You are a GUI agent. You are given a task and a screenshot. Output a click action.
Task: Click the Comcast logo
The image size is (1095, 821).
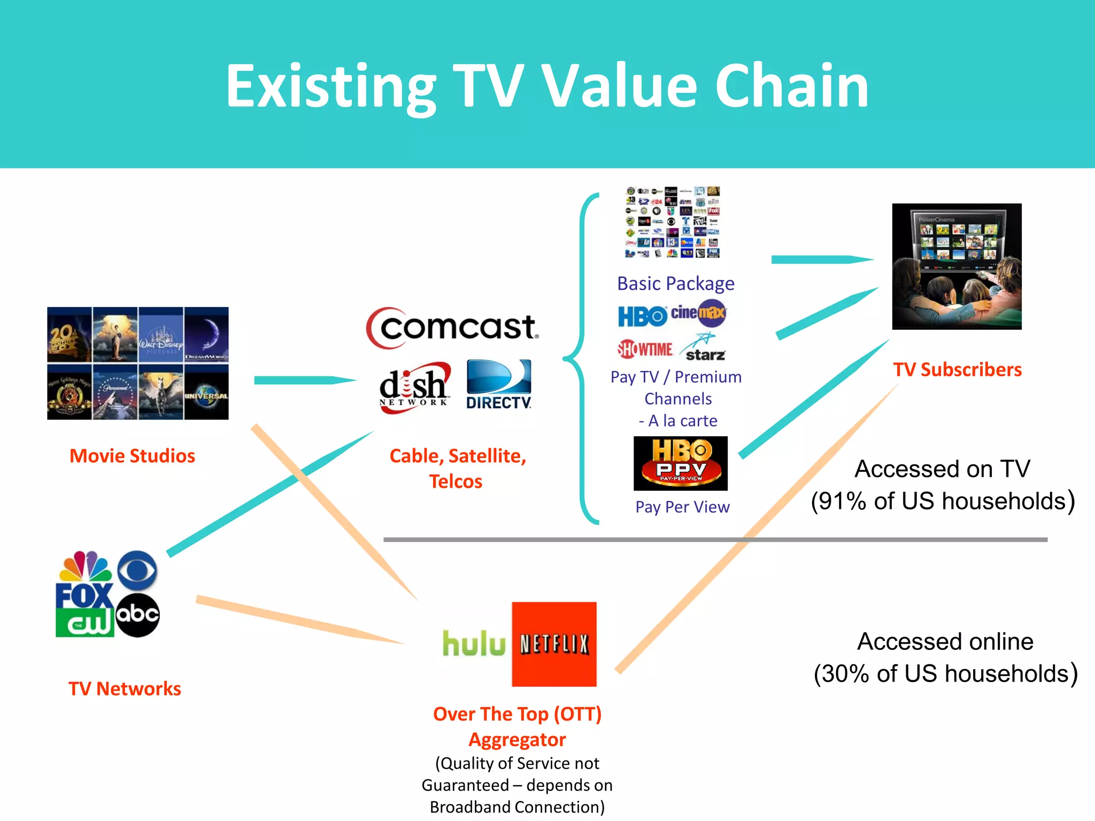pyautogui.click(x=452, y=327)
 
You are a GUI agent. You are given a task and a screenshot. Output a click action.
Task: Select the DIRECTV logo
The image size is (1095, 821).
pyautogui.click(x=499, y=384)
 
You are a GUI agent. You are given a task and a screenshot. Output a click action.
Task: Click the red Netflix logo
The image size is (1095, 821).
pyautogui.click(x=554, y=644)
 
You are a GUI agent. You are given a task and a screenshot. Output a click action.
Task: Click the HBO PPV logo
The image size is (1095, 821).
pyautogui.click(x=680, y=463)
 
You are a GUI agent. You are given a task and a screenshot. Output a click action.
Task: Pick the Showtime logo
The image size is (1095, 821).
pyautogui.click(x=645, y=349)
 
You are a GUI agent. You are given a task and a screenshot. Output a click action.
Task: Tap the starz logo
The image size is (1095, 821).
pyautogui.click(x=704, y=348)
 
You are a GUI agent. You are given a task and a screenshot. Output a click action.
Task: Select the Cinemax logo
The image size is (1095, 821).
pyautogui.click(x=698, y=313)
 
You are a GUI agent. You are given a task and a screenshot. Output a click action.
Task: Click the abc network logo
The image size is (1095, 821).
pyautogui.click(x=137, y=615)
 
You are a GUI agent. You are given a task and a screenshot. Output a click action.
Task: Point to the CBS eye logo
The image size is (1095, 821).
pyautogui.click(x=137, y=570)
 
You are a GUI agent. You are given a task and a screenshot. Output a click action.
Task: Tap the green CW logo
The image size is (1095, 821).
pyautogui.click(x=84, y=623)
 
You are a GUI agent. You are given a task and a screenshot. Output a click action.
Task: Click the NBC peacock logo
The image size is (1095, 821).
pyautogui.click(x=86, y=567)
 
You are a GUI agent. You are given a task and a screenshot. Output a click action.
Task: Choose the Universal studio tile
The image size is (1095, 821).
pyautogui.click(x=206, y=392)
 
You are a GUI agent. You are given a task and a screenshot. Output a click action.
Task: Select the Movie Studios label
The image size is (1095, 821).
pyautogui.click(x=132, y=456)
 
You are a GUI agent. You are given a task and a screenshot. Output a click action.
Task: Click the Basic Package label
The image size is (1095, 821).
pyautogui.click(x=675, y=283)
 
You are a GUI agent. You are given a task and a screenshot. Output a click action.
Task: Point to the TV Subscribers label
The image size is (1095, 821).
pyautogui.click(x=957, y=369)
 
